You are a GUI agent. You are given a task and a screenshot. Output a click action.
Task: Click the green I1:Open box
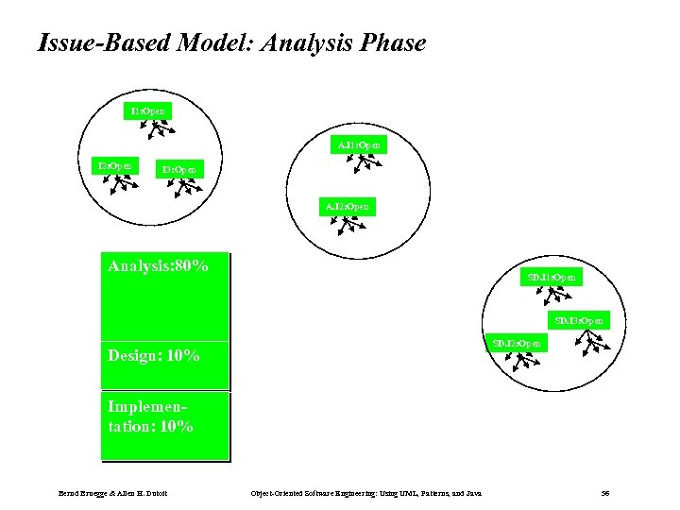click(148, 111)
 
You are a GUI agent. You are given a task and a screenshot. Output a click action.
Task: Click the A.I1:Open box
click(360, 145)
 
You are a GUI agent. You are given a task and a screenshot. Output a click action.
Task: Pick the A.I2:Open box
click(347, 205)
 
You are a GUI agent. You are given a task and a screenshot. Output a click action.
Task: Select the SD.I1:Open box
click(552, 277)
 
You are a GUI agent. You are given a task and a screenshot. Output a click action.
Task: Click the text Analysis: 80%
click(159, 266)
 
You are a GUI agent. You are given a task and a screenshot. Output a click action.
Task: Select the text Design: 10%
click(154, 356)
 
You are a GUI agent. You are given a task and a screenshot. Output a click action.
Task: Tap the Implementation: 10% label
click(151, 416)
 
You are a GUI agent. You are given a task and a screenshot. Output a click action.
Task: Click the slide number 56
click(604, 493)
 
